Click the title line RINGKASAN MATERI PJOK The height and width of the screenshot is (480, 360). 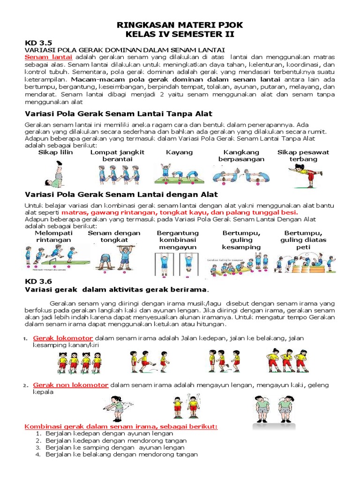point(180,24)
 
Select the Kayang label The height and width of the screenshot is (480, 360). point(179,152)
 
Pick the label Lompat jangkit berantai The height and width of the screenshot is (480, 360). point(117,156)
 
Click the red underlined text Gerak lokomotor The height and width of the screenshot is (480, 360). point(63,338)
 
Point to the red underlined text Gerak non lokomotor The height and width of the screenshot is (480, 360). point(71,385)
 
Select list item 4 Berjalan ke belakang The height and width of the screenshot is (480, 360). point(122,454)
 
